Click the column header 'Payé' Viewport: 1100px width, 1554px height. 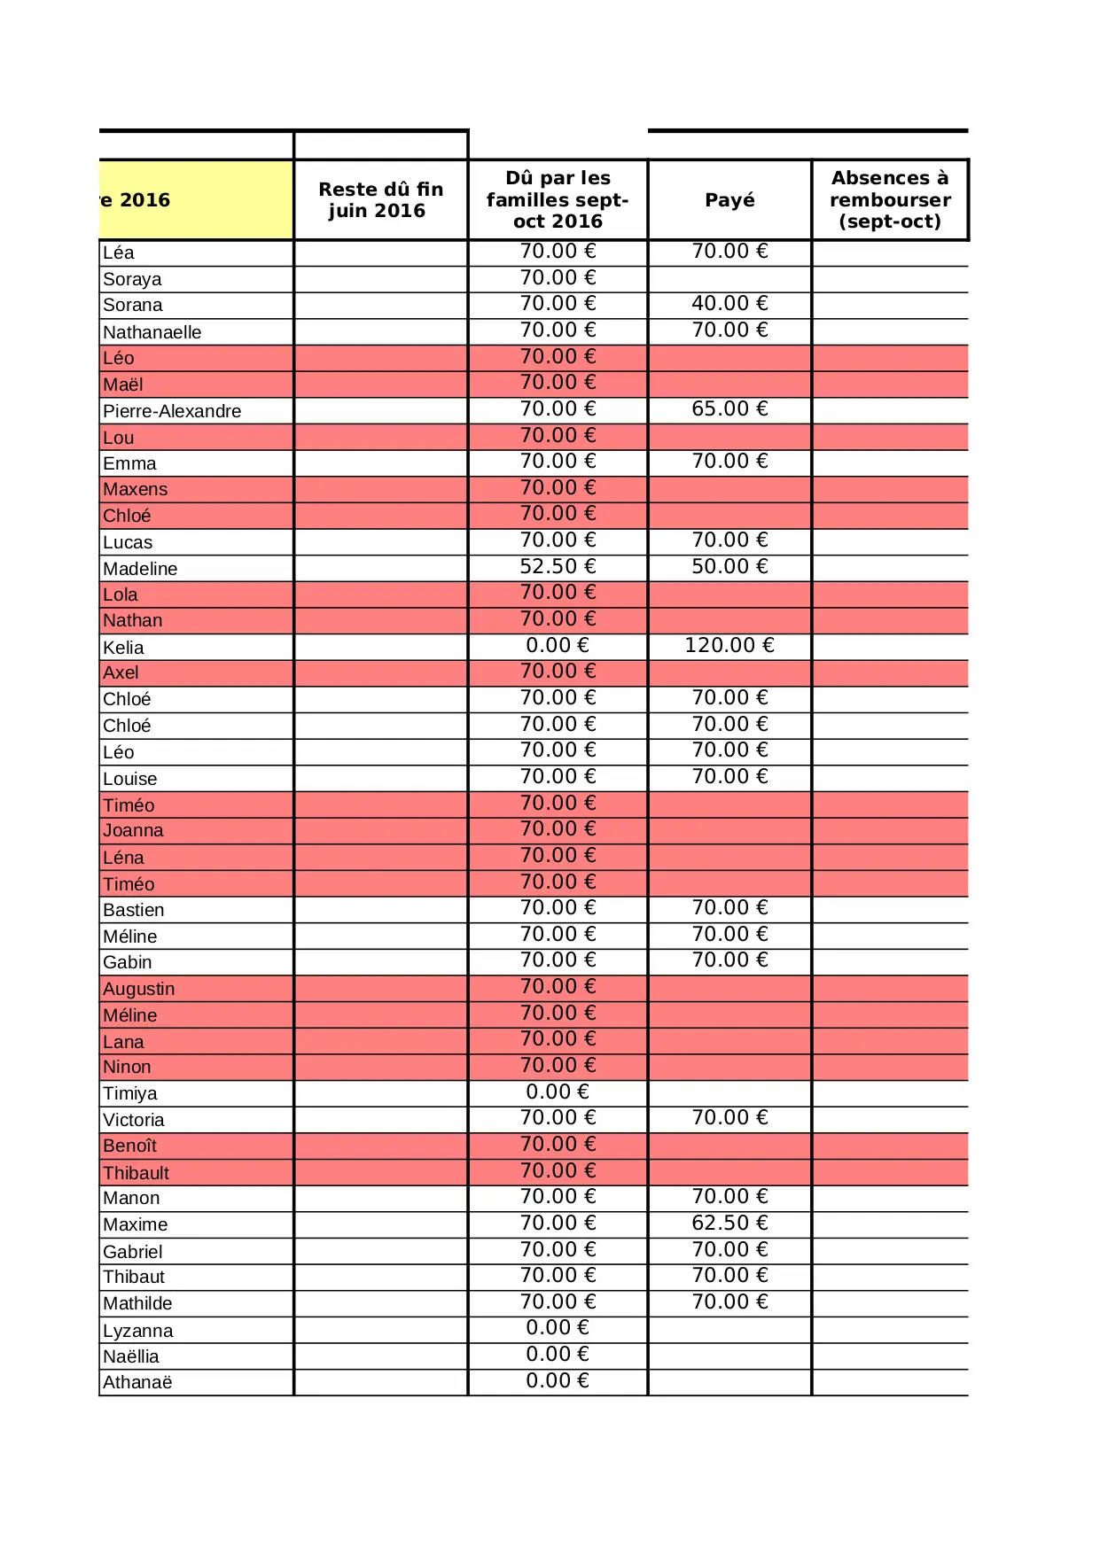coord(729,200)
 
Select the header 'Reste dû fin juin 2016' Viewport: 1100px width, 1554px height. coord(380,200)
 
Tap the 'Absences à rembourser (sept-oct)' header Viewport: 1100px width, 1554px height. coord(890,200)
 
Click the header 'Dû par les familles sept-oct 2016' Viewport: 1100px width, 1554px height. coord(558,200)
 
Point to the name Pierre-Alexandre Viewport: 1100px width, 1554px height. coord(172,411)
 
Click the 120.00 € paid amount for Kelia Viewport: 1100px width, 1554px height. coord(729,646)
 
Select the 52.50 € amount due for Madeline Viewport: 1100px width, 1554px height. coord(558,567)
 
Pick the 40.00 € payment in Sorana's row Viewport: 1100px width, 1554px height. coord(729,304)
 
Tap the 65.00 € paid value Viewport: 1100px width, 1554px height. coord(729,409)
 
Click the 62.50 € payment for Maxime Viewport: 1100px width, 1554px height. coord(729,1224)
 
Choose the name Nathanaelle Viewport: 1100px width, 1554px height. coord(152,332)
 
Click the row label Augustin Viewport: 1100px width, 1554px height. coord(139,989)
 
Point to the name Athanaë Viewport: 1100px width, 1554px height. coord(137,1382)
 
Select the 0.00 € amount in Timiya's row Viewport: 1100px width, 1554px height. coord(558,1092)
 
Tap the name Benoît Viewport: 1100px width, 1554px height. coord(129,1146)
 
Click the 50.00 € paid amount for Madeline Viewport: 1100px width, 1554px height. coord(729,567)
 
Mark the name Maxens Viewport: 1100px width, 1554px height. coord(135,489)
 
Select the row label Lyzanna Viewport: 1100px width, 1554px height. coord(138,1331)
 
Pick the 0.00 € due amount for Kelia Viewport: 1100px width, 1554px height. coord(558,646)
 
